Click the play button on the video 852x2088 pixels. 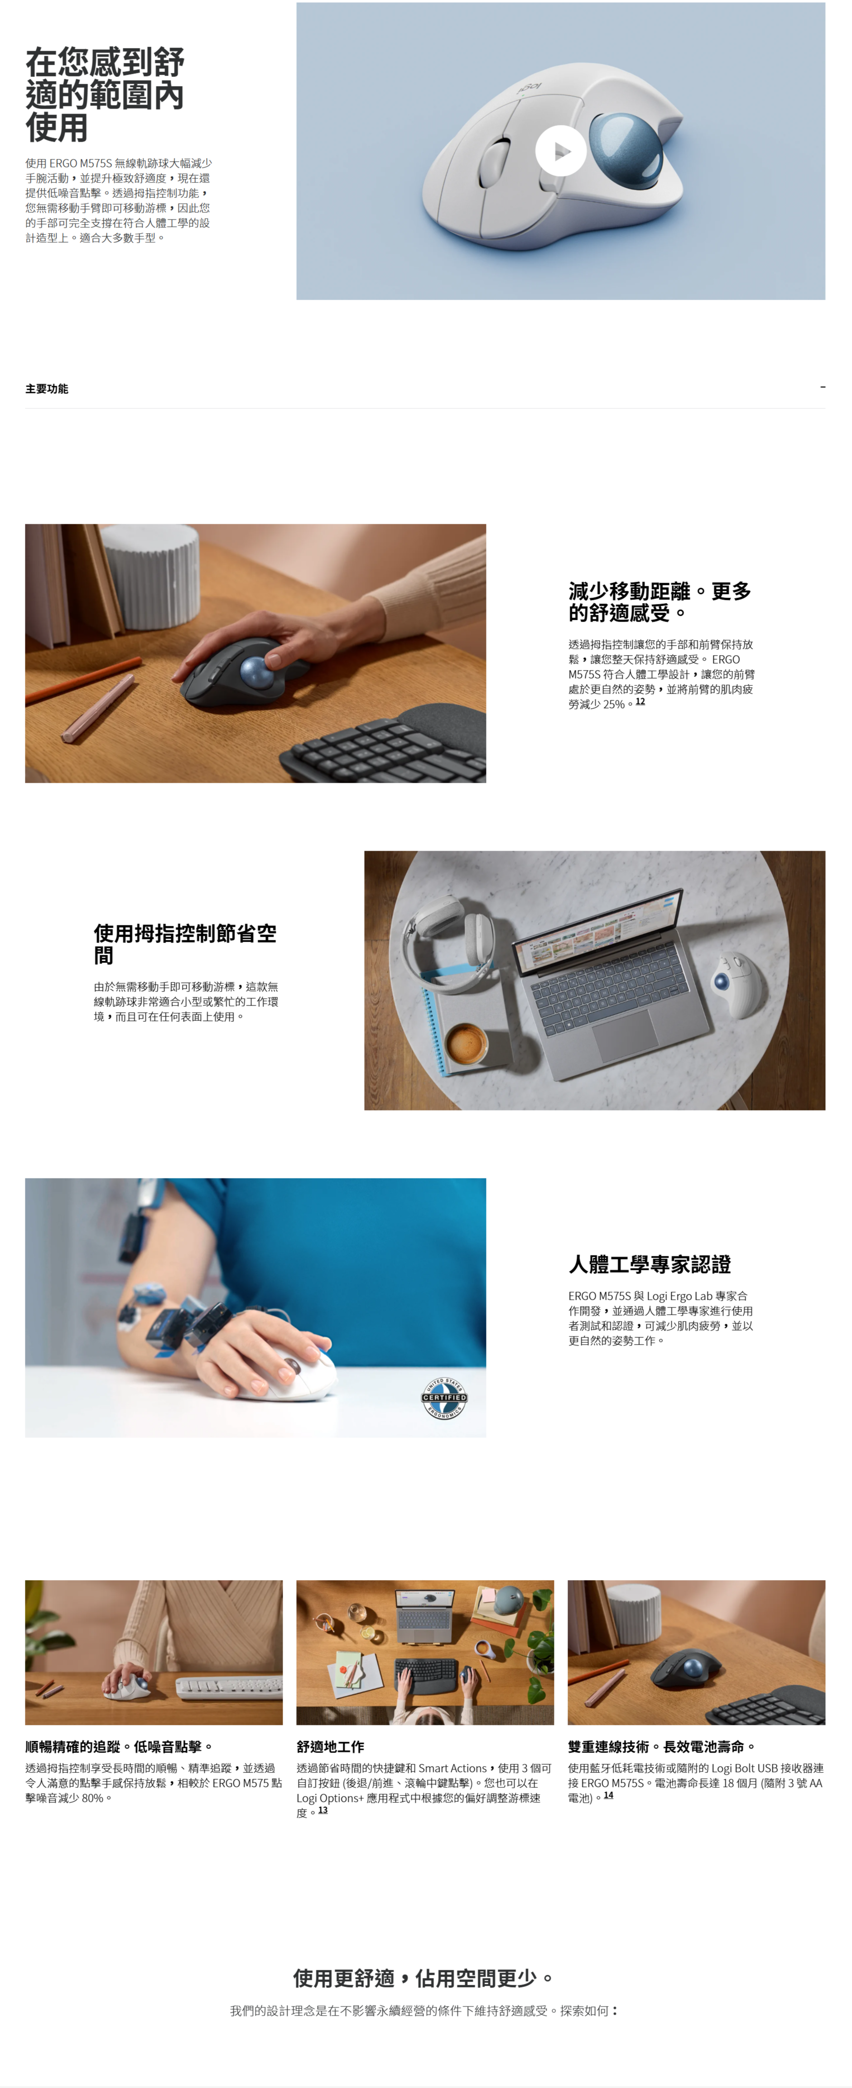[x=560, y=151]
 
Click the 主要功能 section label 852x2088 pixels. [x=47, y=389]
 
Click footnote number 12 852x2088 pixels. [x=640, y=701]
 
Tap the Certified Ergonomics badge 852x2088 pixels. [x=444, y=1397]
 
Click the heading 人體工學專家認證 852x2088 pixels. [x=650, y=1264]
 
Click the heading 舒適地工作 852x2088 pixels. [x=330, y=1746]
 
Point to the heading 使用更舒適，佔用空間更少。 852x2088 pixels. [x=425, y=1978]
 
